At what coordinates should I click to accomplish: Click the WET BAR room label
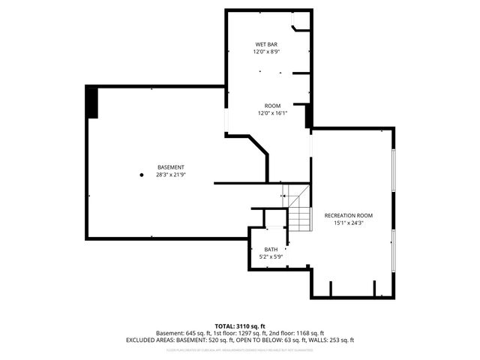click(x=266, y=45)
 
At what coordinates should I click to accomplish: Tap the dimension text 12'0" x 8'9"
click(x=266, y=52)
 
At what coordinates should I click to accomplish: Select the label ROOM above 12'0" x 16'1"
click(x=271, y=105)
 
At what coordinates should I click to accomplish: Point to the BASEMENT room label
click(x=170, y=166)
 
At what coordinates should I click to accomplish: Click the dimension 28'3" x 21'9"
click(x=170, y=174)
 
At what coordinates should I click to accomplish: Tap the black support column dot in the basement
click(x=140, y=175)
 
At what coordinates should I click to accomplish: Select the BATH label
click(x=270, y=249)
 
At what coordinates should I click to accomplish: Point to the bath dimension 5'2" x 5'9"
click(x=270, y=256)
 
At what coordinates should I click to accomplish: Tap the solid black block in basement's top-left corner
click(x=92, y=102)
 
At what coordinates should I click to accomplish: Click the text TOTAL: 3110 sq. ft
click(x=239, y=326)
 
